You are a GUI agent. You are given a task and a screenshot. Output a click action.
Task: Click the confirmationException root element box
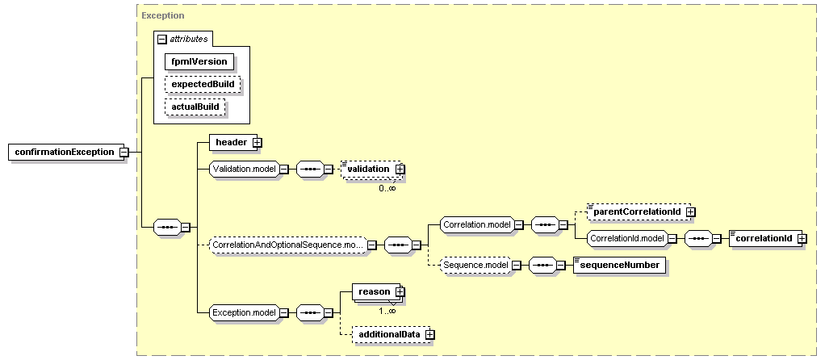(x=65, y=152)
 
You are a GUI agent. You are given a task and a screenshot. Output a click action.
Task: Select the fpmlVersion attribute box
(x=199, y=61)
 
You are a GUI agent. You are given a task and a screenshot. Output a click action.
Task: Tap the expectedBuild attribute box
(x=203, y=84)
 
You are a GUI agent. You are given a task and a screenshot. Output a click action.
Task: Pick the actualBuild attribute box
(x=195, y=107)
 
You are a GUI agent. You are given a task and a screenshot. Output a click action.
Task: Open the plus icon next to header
(x=258, y=142)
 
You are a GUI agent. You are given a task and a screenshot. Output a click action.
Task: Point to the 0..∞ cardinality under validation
(x=387, y=188)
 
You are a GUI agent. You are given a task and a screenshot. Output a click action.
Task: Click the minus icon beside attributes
(x=162, y=39)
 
